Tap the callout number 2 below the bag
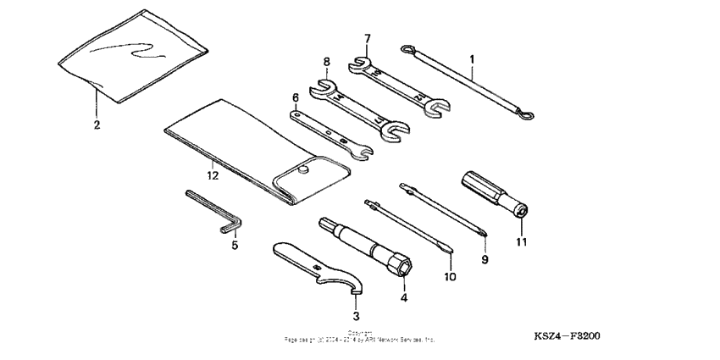(x=97, y=125)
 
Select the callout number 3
(x=356, y=316)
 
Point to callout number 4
(x=404, y=297)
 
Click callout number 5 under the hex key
(x=235, y=246)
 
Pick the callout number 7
(x=367, y=39)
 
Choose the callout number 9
(x=485, y=259)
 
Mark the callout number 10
(x=449, y=276)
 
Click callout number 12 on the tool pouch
(x=212, y=175)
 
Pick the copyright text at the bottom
(x=360, y=337)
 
